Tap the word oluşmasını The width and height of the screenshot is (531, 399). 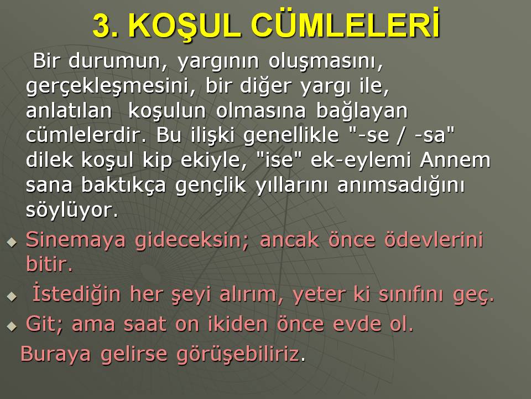(326, 62)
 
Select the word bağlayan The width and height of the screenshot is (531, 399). (362, 111)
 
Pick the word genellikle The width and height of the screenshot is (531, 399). (291, 136)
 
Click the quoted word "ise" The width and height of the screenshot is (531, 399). (279, 160)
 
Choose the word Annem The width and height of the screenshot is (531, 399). (455, 160)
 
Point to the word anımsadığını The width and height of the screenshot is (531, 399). (401, 186)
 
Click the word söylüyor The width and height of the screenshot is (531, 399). (72, 211)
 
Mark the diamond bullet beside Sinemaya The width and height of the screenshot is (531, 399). (12, 242)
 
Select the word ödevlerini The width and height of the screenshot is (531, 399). (434, 239)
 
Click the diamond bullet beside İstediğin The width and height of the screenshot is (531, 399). (12, 296)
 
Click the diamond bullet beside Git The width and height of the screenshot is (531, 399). (12, 326)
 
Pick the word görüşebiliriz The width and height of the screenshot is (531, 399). (238, 355)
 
